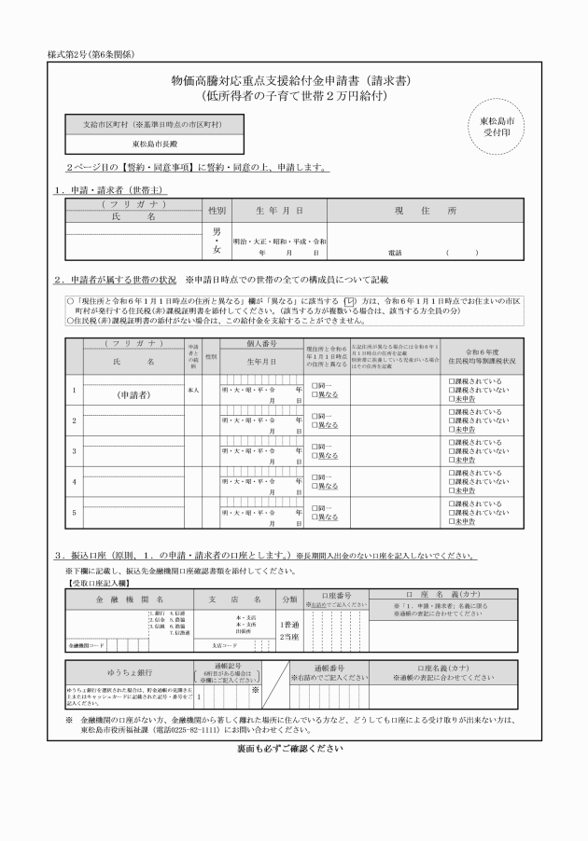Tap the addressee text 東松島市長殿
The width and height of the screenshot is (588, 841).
pos(154,145)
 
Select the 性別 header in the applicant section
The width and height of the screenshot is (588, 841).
pos(217,211)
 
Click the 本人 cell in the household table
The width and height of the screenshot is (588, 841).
pos(194,388)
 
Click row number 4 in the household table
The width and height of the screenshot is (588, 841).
pos(74,481)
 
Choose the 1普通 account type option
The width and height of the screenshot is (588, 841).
pos(289,625)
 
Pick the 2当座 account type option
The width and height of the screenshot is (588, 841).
pos(289,637)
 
